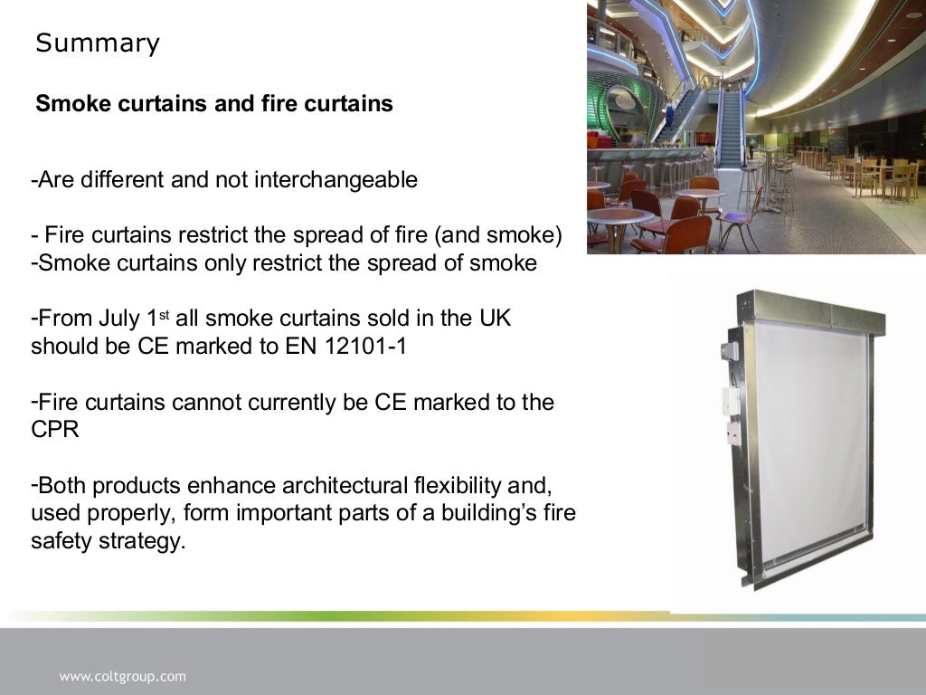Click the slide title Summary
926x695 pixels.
click(x=98, y=43)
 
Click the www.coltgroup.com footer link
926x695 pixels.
click(x=123, y=676)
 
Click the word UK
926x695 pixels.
click(x=487, y=319)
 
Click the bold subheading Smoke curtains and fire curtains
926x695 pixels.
click(x=214, y=104)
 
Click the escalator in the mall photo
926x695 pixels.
click(x=730, y=127)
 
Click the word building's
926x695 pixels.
click(x=496, y=514)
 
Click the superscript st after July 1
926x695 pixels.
click(x=165, y=314)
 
